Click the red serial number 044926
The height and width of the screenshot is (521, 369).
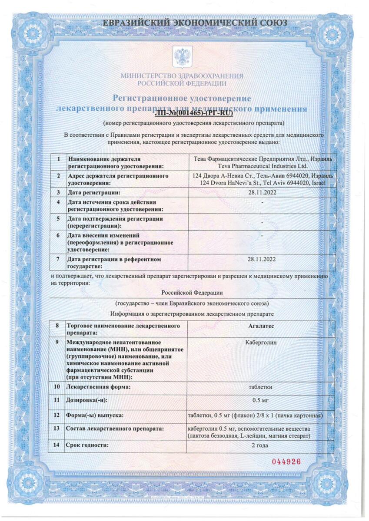pyautogui.click(x=286, y=462)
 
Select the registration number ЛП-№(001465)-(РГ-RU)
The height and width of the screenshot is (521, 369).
pyautogui.click(x=193, y=114)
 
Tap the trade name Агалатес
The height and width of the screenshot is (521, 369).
pyautogui.click(x=261, y=325)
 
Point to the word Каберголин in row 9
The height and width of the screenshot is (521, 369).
pyautogui.click(x=261, y=343)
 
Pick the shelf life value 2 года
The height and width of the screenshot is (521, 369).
pyautogui.click(x=261, y=445)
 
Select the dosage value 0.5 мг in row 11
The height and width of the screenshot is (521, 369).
pyautogui.click(x=261, y=400)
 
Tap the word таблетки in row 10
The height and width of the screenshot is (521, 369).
pyautogui.click(x=261, y=386)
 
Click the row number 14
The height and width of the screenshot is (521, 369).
pyautogui.click(x=57, y=445)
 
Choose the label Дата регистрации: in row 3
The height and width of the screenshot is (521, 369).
pyautogui.click(x=93, y=192)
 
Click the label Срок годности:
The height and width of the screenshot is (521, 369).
pyautogui.click(x=86, y=445)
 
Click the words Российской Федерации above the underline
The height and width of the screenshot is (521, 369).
pyautogui.click(x=195, y=293)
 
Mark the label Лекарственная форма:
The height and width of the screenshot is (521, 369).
pyautogui.click(x=99, y=386)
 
